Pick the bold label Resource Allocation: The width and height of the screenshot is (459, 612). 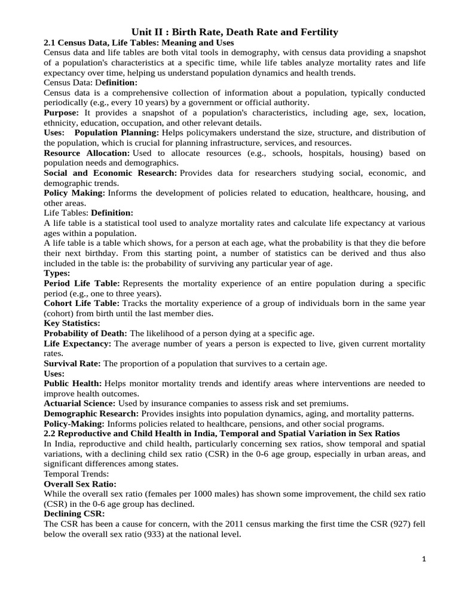[87, 154]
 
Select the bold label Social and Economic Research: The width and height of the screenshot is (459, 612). [110, 173]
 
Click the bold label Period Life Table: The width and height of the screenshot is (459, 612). [82, 283]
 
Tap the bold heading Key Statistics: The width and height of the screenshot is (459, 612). [72, 323]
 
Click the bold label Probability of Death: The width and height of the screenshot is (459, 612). [85, 333]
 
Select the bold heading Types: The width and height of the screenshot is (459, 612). [57, 273]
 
